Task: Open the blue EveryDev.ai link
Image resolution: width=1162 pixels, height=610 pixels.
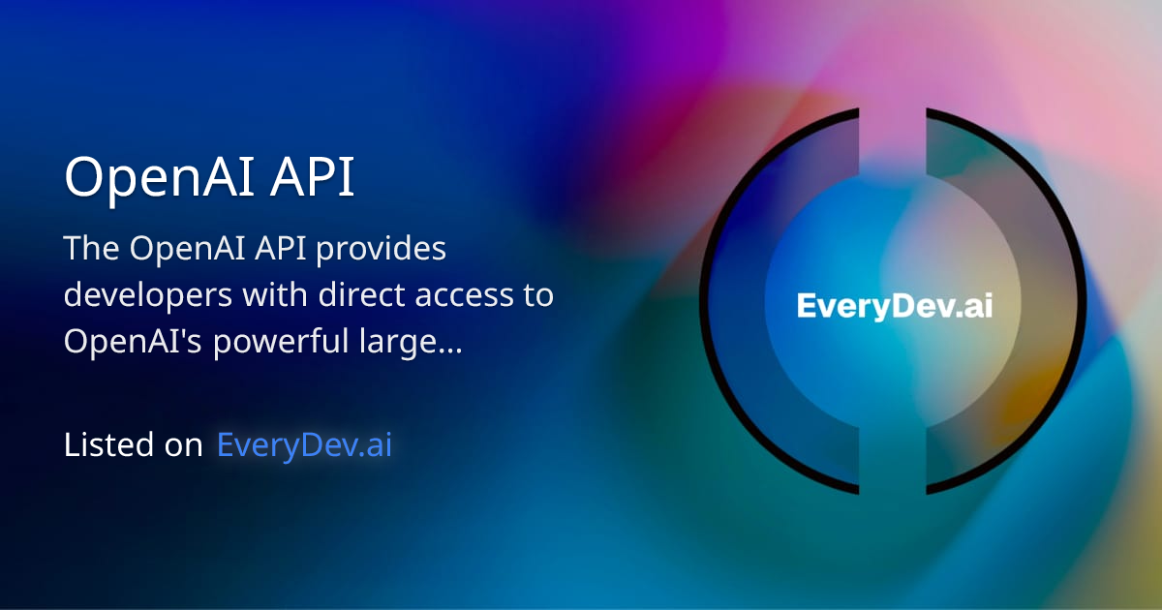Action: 304,445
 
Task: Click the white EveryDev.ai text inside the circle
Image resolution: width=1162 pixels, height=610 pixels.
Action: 894,307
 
